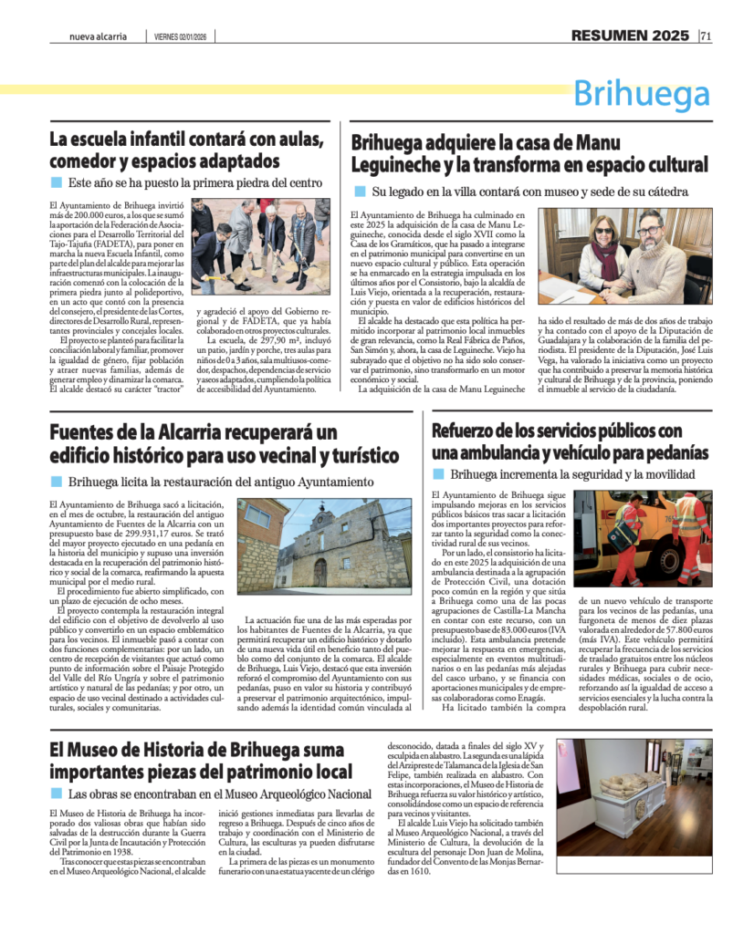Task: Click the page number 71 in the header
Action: [707, 36]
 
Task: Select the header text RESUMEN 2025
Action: [630, 36]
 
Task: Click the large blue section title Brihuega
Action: [642, 94]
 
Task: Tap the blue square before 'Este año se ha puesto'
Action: [56, 182]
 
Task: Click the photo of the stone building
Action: [324, 545]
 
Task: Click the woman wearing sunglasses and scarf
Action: [602, 255]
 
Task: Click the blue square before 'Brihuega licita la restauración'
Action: [56, 481]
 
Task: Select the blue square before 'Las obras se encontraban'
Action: [56, 794]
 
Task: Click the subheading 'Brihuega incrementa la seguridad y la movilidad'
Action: [572, 474]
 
